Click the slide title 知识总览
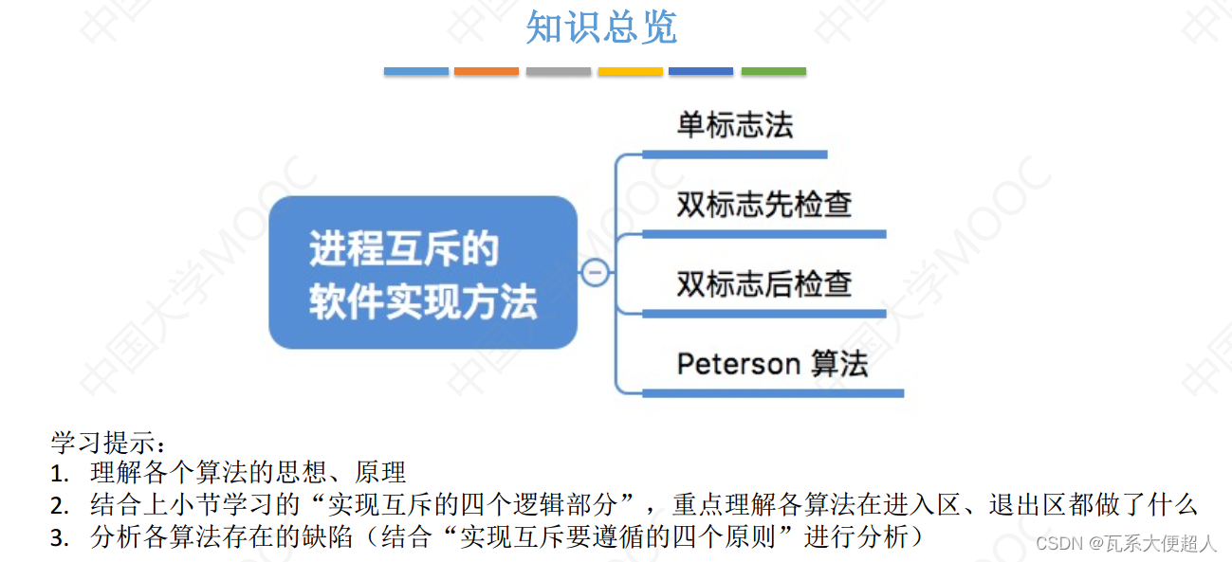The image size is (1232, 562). click(601, 27)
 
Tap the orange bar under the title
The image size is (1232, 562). click(487, 71)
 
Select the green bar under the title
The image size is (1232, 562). click(773, 71)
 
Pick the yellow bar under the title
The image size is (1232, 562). click(630, 71)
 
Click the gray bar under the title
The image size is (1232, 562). click(559, 71)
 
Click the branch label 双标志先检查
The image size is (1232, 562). click(764, 205)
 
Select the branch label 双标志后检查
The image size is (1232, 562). click(764, 283)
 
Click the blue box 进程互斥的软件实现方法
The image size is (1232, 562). click(423, 273)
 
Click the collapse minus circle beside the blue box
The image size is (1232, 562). click(596, 273)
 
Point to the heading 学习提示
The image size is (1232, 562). click(107, 444)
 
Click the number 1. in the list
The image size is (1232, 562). click(61, 473)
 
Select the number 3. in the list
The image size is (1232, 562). click(61, 538)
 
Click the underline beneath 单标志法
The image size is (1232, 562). click(735, 154)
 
